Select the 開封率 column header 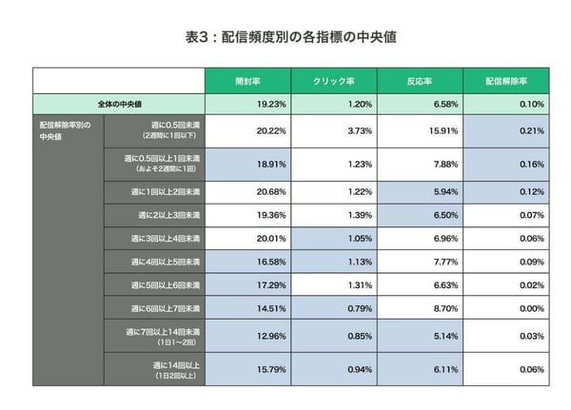pyautogui.click(x=248, y=81)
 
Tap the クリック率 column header pyautogui.click(x=334, y=81)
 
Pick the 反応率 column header pyautogui.click(x=420, y=81)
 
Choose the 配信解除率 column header pyautogui.click(x=505, y=81)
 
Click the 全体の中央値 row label pyautogui.click(x=120, y=104)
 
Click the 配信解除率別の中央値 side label pyautogui.click(x=66, y=129)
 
